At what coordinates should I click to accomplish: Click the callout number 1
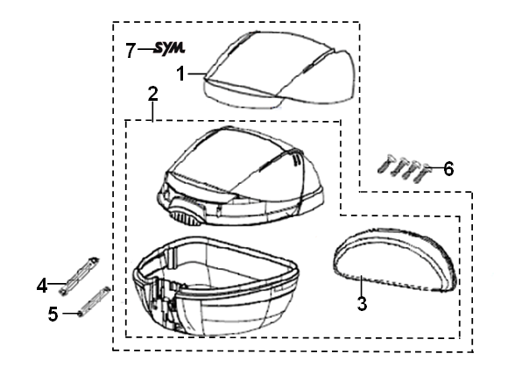click(x=181, y=74)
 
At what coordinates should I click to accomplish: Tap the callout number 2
click(x=152, y=94)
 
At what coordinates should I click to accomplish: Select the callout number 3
click(x=362, y=303)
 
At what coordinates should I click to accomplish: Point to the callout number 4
click(x=42, y=286)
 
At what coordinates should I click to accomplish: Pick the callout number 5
click(x=53, y=314)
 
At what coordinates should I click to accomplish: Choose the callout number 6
click(x=448, y=169)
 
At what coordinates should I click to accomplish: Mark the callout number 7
click(x=131, y=51)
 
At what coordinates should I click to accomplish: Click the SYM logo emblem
click(x=170, y=49)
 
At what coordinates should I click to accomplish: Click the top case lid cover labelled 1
click(x=279, y=70)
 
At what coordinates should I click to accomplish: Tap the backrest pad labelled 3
click(x=395, y=259)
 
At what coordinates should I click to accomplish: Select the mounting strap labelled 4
click(x=80, y=275)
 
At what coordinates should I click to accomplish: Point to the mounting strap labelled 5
click(x=94, y=301)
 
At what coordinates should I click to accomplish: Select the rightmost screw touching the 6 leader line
click(x=421, y=173)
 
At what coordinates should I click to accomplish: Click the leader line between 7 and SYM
click(x=145, y=50)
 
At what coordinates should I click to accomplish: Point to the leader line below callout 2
click(x=153, y=111)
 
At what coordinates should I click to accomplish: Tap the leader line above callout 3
click(x=361, y=286)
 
